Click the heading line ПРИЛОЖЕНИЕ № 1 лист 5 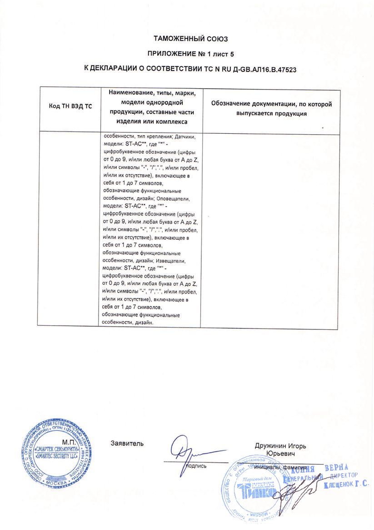click(190, 54)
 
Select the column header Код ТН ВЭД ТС click(70, 106)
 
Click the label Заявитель click(127, 443)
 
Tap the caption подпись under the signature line click(196, 466)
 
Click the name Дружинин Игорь click(280, 446)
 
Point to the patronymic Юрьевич click(281, 454)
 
